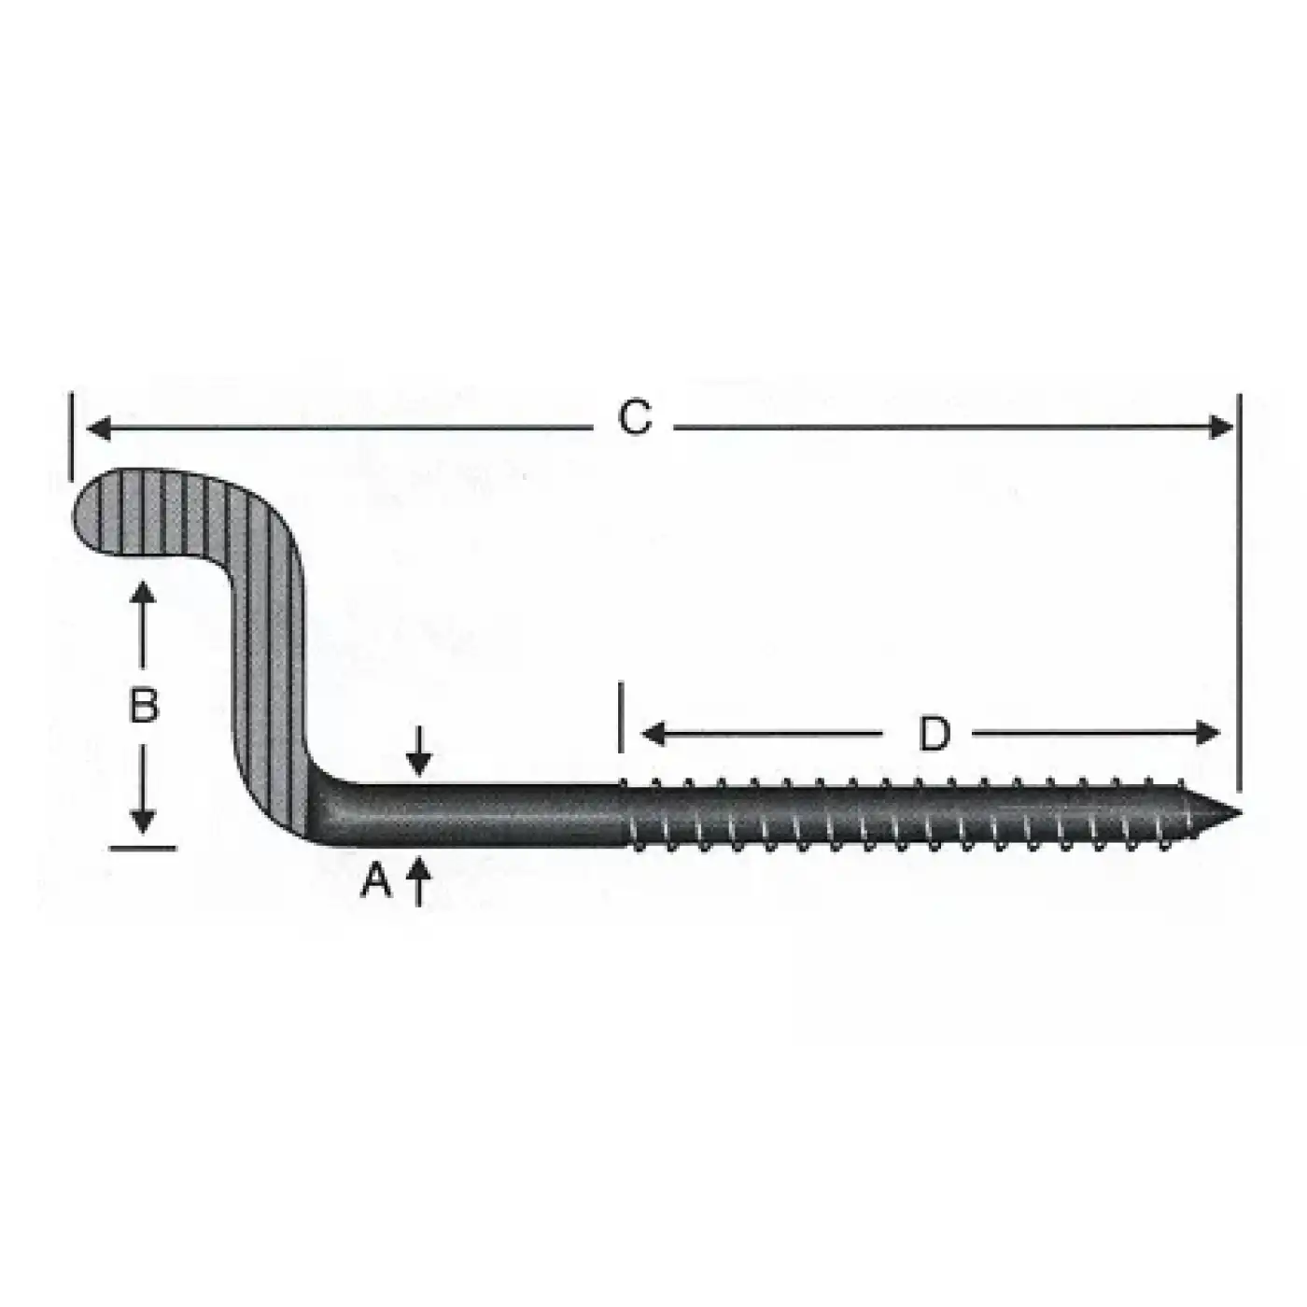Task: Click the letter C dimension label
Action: tap(635, 417)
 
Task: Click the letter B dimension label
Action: tap(143, 706)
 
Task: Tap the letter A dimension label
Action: tap(376, 879)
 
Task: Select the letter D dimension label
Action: tap(934, 734)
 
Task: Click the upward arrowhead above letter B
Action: tap(143, 592)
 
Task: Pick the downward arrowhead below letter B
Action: tap(143, 821)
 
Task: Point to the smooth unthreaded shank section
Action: tap(485, 814)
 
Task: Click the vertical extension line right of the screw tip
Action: tap(1240, 597)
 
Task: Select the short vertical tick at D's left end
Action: tap(621, 717)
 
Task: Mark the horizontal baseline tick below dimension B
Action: tap(142, 848)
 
